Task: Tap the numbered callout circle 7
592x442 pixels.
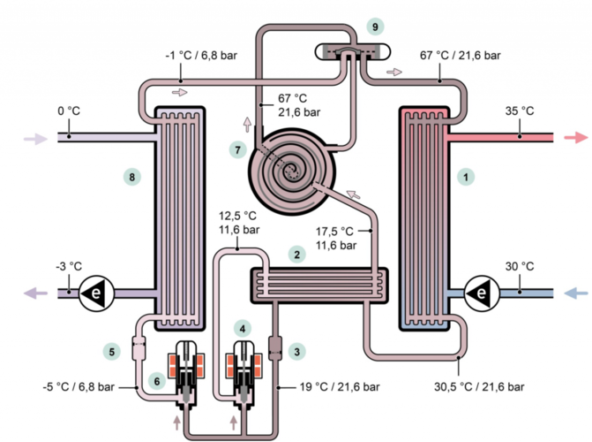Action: click(236, 149)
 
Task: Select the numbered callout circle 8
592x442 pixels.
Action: click(133, 177)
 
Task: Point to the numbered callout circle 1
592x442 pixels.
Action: click(465, 177)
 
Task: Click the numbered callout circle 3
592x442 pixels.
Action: click(298, 351)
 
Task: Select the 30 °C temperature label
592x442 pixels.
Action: click(521, 265)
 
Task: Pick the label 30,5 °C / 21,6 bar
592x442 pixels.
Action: click(480, 386)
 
